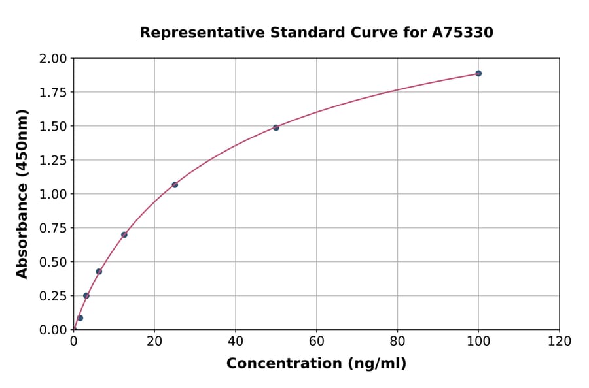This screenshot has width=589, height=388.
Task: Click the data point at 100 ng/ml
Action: click(x=478, y=73)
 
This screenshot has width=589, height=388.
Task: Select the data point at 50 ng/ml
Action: click(x=276, y=127)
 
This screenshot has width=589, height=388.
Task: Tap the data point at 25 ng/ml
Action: click(x=175, y=185)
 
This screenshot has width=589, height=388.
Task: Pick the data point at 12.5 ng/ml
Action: click(x=124, y=234)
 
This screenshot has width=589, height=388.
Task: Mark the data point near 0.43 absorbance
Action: click(x=99, y=272)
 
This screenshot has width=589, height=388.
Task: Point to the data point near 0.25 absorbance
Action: click(x=86, y=295)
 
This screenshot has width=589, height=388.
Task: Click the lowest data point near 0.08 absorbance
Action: click(x=80, y=318)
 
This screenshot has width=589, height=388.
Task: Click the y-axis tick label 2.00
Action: click(x=53, y=59)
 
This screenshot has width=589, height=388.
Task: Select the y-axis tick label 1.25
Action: click(x=53, y=161)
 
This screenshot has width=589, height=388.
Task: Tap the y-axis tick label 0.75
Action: click(x=53, y=228)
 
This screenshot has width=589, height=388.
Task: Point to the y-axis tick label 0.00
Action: click(x=53, y=330)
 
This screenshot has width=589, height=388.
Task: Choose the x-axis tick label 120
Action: click(x=560, y=341)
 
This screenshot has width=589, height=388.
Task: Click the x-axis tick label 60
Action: click(x=317, y=341)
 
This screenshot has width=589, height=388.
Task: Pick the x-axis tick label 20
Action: click(x=154, y=341)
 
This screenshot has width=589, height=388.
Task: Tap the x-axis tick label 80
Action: click(x=397, y=341)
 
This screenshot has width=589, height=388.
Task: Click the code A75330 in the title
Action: click(x=463, y=32)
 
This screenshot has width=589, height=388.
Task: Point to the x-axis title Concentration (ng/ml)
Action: click(x=316, y=364)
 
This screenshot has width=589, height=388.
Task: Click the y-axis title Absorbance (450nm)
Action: click(x=22, y=194)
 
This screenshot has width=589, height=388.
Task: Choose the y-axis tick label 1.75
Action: click(x=53, y=93)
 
